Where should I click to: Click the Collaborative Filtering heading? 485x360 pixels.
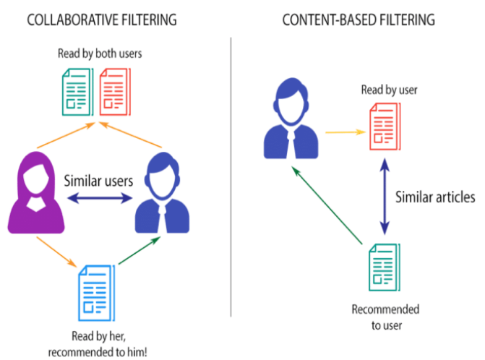tap(101, 20)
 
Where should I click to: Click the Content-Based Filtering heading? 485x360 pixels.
tap(359, 20)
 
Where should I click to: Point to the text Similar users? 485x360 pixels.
tap(98, 180)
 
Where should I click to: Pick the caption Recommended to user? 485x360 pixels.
tap(385, 317)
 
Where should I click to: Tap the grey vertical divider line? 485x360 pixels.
tap(231, 181)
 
